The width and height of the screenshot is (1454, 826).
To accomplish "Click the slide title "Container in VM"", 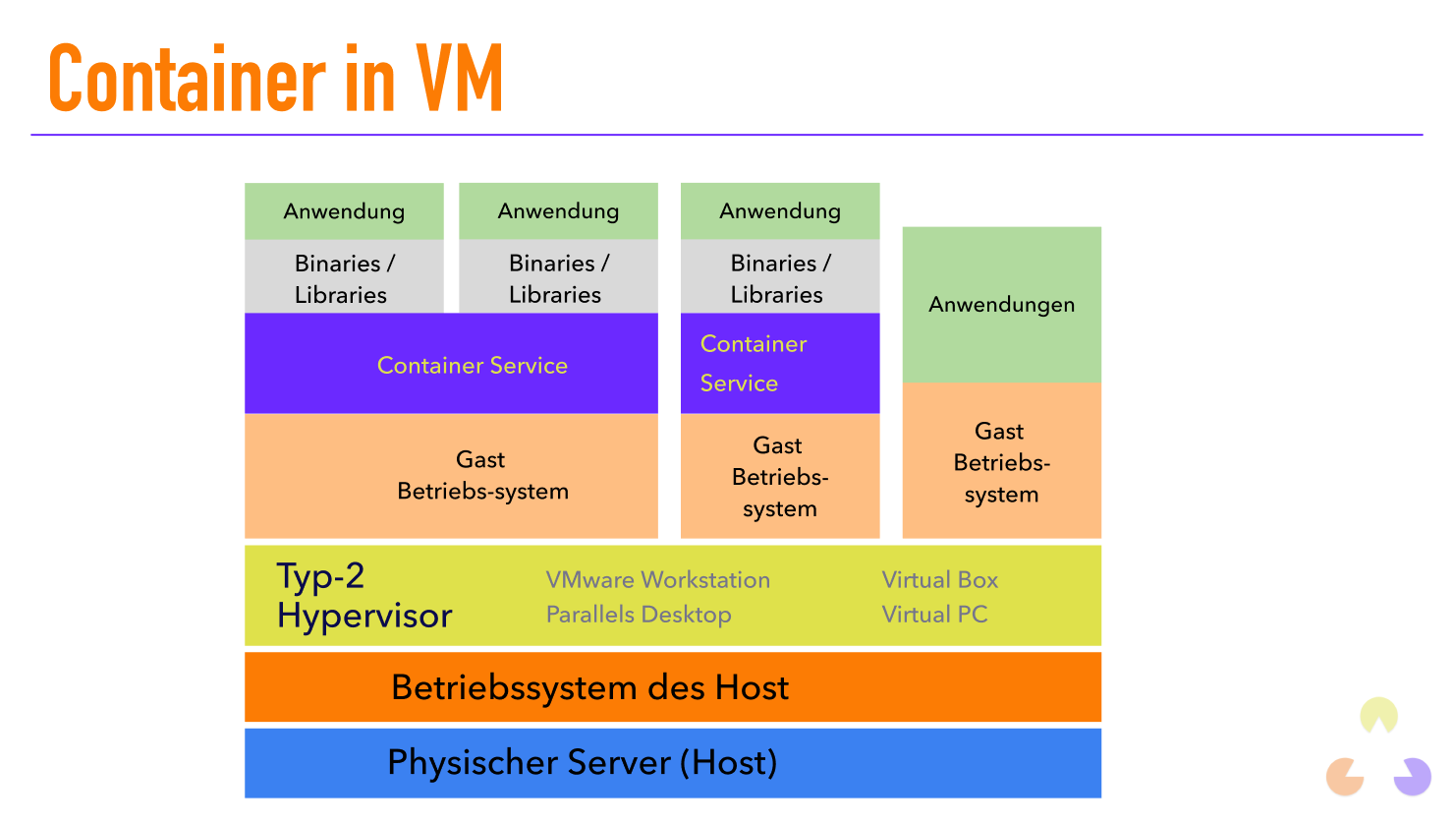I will click(275, 79).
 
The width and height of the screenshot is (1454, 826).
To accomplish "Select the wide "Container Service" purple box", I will click(451, 364).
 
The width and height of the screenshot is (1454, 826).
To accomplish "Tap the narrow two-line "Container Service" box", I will click(779, 364).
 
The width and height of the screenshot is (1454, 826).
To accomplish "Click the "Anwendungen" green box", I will click(1001, 305).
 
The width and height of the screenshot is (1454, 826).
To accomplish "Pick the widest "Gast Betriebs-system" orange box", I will click(451, 476).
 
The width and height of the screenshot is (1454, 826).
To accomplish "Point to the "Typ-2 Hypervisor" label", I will click(363, 596).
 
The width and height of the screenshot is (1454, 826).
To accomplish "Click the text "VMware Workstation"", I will click(657, 580).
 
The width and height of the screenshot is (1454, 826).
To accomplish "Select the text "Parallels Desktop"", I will click(639, 615).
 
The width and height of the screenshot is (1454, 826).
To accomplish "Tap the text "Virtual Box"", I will click(939, 580).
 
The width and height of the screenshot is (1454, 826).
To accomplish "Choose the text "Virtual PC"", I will click(934, 615).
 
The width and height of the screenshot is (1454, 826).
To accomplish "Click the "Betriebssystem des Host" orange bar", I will click(672, 687).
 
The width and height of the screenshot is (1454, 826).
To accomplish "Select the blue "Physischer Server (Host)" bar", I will click(672, 763).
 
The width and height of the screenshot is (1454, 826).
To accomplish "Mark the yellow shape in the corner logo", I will click(1378, 715).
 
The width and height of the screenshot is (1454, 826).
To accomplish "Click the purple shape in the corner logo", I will click(1414, 777).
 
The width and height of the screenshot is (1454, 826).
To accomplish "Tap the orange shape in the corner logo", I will click(1344, 777).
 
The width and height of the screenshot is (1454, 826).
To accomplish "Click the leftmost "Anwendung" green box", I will click(344, 211).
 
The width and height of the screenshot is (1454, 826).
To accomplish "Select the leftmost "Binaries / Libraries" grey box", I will click(344, 278).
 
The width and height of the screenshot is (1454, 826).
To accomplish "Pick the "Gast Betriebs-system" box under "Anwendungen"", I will click(1001, 462).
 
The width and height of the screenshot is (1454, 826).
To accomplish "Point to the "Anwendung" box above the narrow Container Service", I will click(779, 211).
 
